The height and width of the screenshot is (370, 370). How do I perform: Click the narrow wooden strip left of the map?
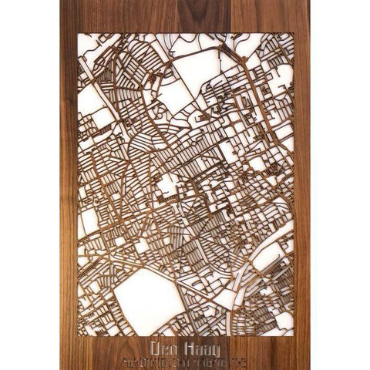click(x=69, y=185)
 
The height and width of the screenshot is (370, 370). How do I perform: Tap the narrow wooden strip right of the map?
click(x=301, y=185)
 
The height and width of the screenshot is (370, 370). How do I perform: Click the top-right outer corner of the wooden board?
click(x=311, y=1)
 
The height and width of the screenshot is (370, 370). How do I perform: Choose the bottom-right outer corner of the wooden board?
click(x=311, y=369)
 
